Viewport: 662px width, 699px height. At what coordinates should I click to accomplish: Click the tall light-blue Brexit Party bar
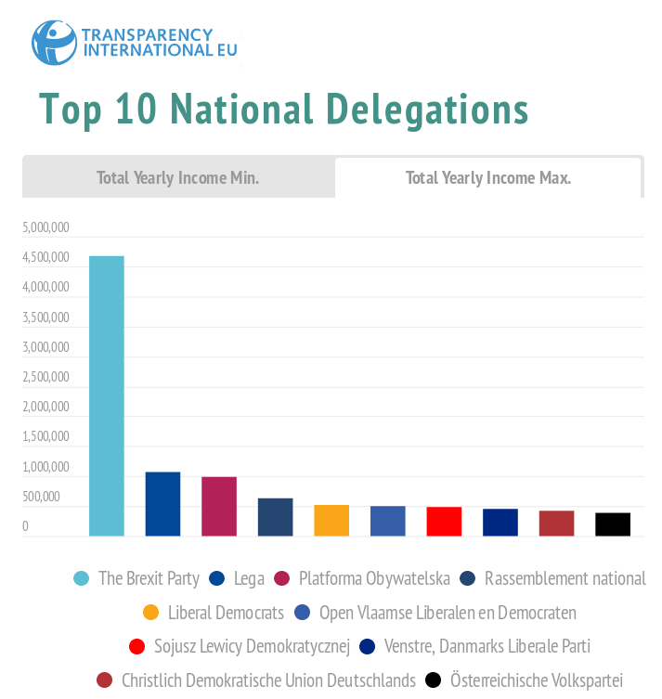(x=107, y=395)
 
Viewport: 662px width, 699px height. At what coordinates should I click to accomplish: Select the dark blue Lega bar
(x=162, y=504)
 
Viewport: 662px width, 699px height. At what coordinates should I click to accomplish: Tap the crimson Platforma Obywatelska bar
(x=219, y=506)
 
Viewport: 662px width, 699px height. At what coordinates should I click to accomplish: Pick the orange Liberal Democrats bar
(x=331, y=520)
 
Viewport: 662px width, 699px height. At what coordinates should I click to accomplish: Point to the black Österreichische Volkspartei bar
(x=613, y=524)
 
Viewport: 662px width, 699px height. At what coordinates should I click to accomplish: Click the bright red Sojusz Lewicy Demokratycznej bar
(x=444, y=521)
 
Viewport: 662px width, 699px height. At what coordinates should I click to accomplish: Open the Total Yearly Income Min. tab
(x=178, y=177)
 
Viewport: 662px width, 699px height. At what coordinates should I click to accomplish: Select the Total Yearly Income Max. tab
(x=487, y=177)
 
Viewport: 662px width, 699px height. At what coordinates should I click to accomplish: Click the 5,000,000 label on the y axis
(x=45, y=227)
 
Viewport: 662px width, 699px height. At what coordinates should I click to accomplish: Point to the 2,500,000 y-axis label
(x=45, y=377)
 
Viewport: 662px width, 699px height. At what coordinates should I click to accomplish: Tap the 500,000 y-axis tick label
(x=41, y=497)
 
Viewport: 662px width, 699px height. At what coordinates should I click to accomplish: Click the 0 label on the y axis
(x=26, y=526)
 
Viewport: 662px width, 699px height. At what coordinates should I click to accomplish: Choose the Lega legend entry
(x=249, y=578)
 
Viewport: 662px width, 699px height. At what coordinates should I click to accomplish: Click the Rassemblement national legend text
(x=565, y=578)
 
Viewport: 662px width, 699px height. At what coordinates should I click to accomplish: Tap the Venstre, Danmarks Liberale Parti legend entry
(x=487, y=646)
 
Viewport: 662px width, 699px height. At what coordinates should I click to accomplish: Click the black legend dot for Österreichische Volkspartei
(x=433, y=680)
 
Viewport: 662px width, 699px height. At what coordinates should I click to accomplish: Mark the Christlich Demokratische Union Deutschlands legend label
(x=268, y=680)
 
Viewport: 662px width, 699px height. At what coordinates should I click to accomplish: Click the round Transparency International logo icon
(x=54, y=42)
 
